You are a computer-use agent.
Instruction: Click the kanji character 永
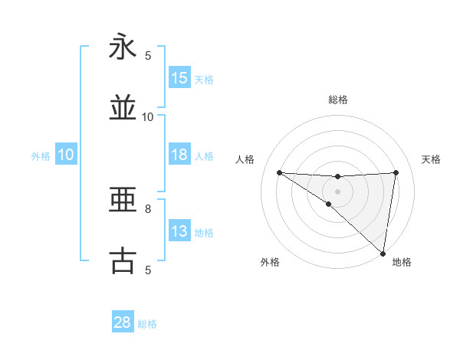pos(123,47)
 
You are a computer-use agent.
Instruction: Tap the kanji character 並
pos(123,109)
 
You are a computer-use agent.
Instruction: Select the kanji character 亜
pos(123,201)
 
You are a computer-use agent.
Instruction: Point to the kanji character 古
pos(123,261)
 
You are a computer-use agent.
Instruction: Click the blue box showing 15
pos(179,78)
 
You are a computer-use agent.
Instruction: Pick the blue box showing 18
pos(179,155)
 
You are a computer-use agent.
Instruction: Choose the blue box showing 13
pos(179,231)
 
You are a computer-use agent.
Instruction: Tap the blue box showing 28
pos(123,322)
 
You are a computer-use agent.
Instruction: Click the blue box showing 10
pos(66,155)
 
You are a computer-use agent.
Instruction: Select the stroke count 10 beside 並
pos(148,116)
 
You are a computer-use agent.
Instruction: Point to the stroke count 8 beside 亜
pos(148,208)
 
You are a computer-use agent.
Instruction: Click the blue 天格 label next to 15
pos(204,79)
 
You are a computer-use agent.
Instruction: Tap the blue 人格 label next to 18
pos(204,155)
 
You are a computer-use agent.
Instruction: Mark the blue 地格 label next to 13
pos(204,232)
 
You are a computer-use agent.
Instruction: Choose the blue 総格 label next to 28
pos(147,323)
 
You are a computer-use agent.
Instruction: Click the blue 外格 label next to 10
pos(41,155)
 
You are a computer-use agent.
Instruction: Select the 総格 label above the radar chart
pos(337,100)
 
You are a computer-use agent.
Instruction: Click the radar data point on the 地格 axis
pos(383,253)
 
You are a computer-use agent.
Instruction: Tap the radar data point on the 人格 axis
pos(279,172)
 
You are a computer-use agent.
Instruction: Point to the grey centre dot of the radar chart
pos(337,191)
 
